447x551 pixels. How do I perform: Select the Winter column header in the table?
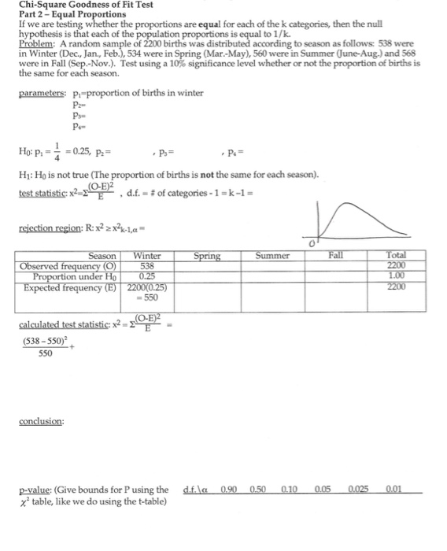[x=148, y=257]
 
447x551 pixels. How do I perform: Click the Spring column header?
[x=208, y=257]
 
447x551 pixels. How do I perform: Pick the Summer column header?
[x=273, y=257]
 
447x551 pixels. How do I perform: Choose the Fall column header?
[x=338, y=257]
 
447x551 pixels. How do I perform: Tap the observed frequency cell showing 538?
[x=148, y=266]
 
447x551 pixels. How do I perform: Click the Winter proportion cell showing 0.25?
[x=148, y=276]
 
